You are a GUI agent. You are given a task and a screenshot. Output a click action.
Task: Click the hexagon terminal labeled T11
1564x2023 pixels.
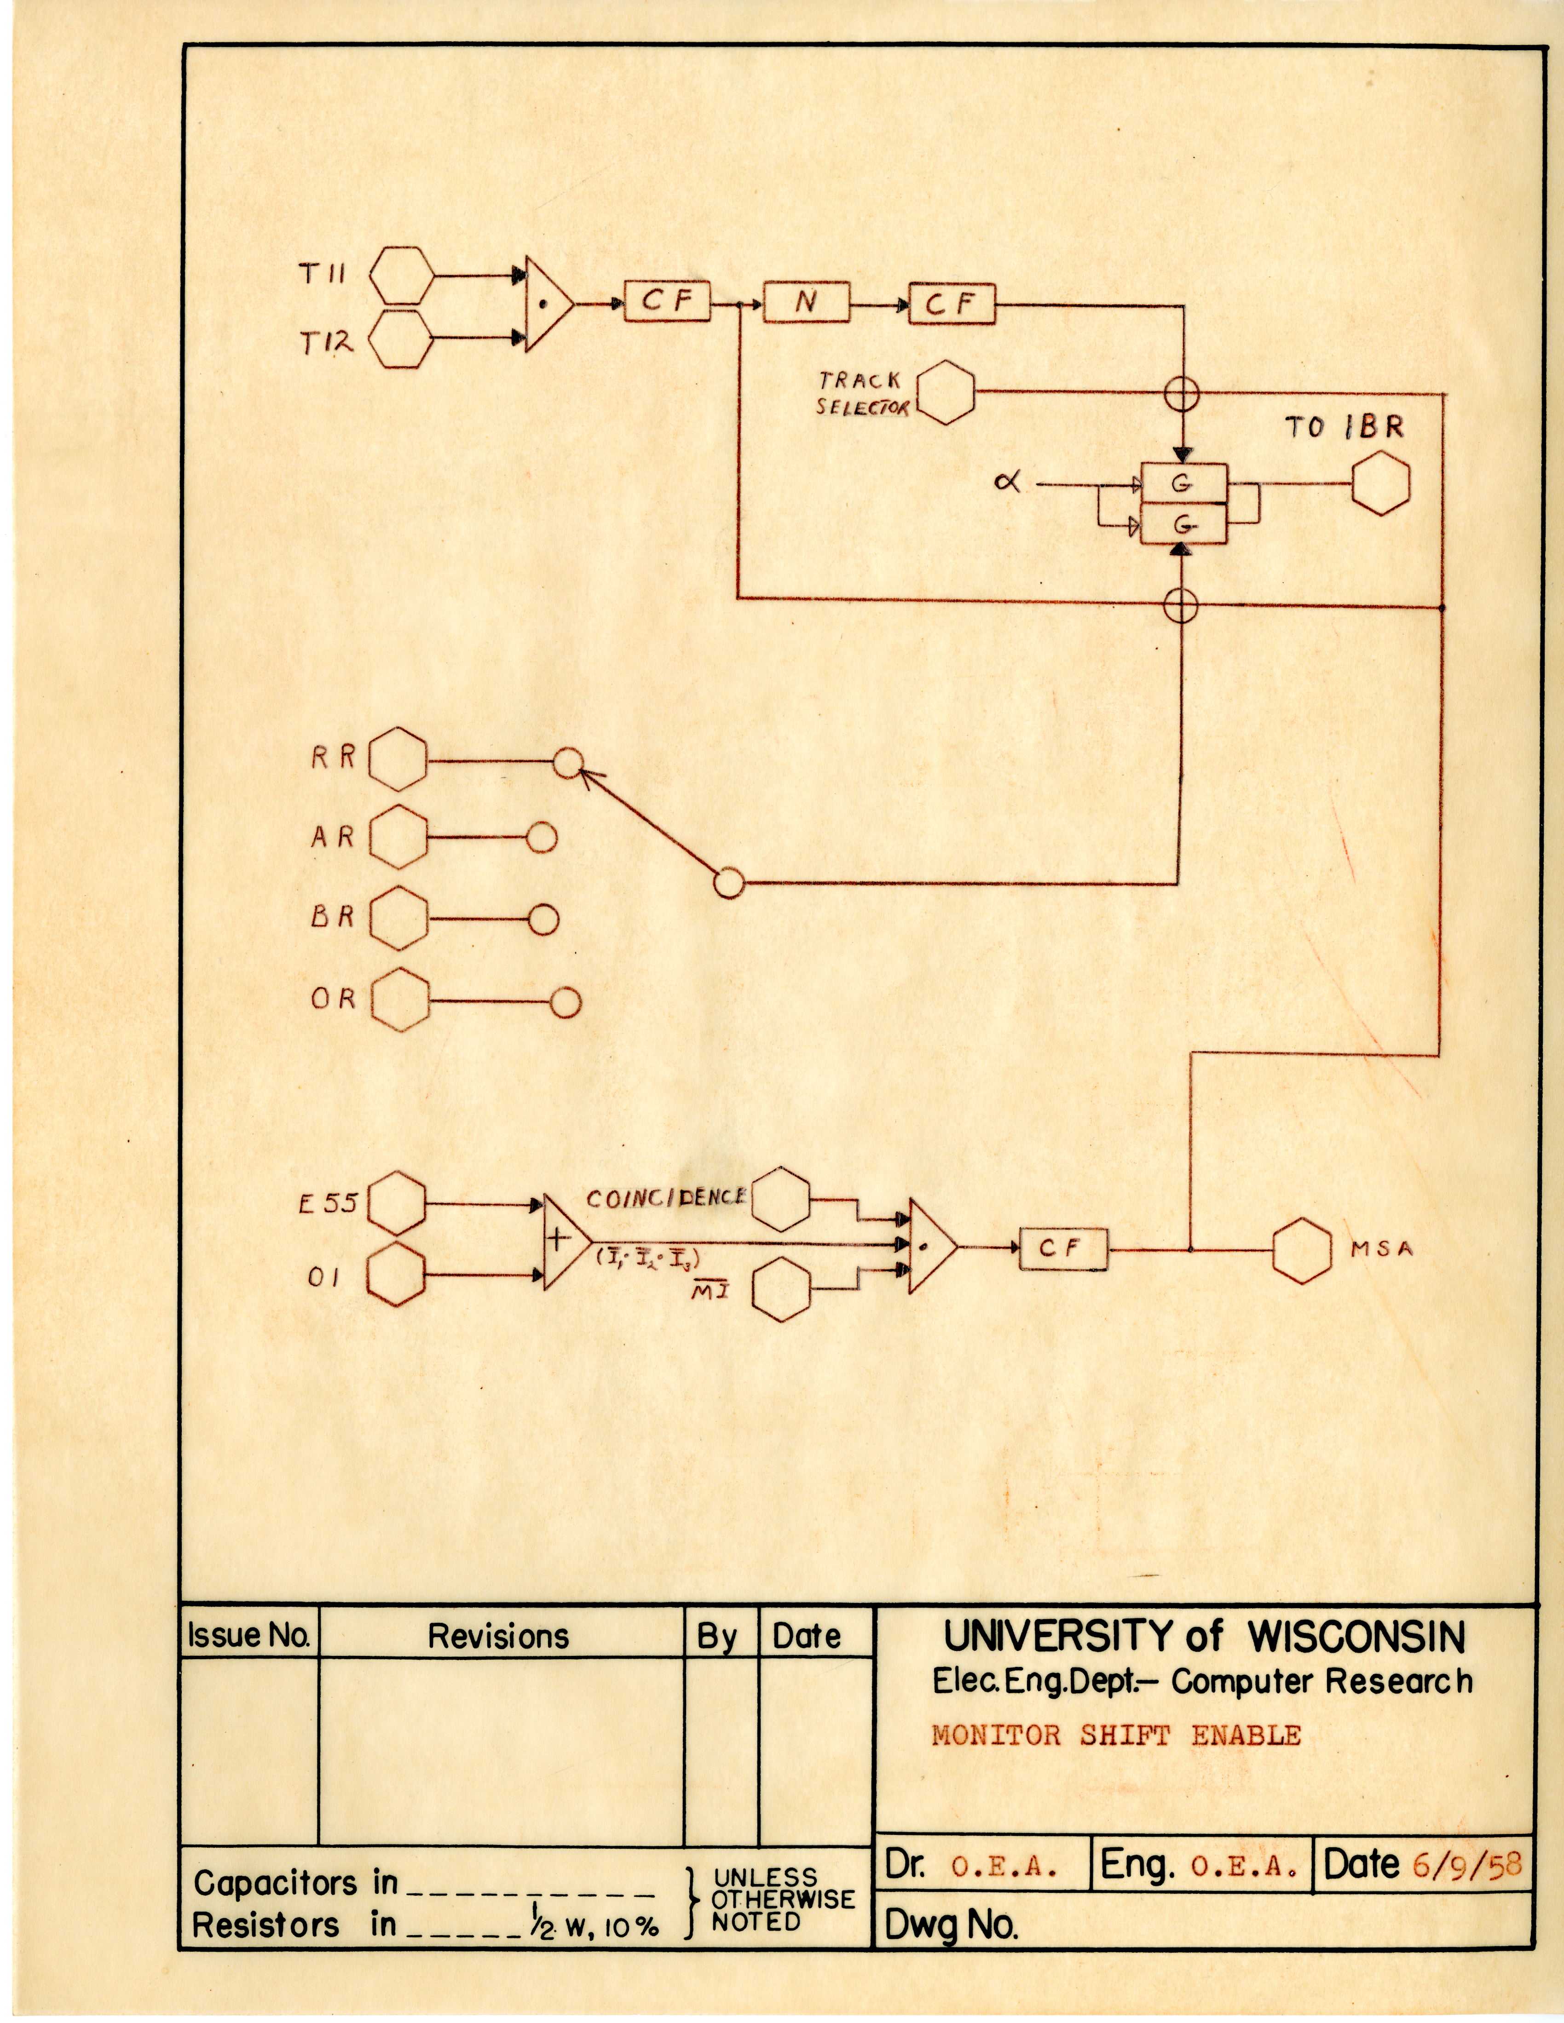(401, 275)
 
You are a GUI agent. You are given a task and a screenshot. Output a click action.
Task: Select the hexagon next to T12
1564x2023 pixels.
(401, 339)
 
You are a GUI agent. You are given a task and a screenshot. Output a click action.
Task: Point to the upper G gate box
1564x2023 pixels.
(1183, 483)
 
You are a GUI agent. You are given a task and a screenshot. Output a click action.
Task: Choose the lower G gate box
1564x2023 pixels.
(1183, 524)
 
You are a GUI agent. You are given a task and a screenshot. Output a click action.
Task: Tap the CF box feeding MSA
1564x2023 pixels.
(1063, 1249)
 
